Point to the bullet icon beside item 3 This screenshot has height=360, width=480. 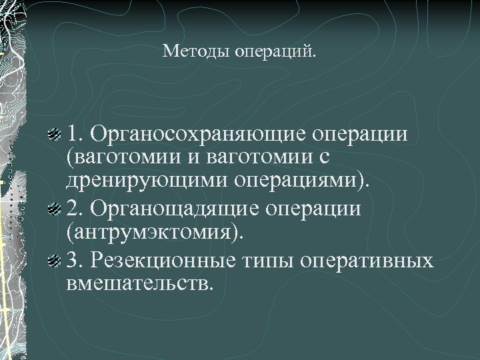[56, 259]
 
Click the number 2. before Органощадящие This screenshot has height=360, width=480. [75, 209]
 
